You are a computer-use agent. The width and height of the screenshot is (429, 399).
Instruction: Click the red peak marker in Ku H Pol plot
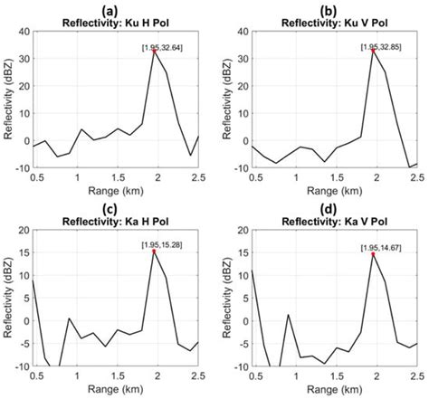pos(155,52)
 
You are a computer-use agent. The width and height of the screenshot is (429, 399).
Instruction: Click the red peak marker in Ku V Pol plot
pos(373,51)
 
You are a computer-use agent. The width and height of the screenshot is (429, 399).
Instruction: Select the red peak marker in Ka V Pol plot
pos(373,254)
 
